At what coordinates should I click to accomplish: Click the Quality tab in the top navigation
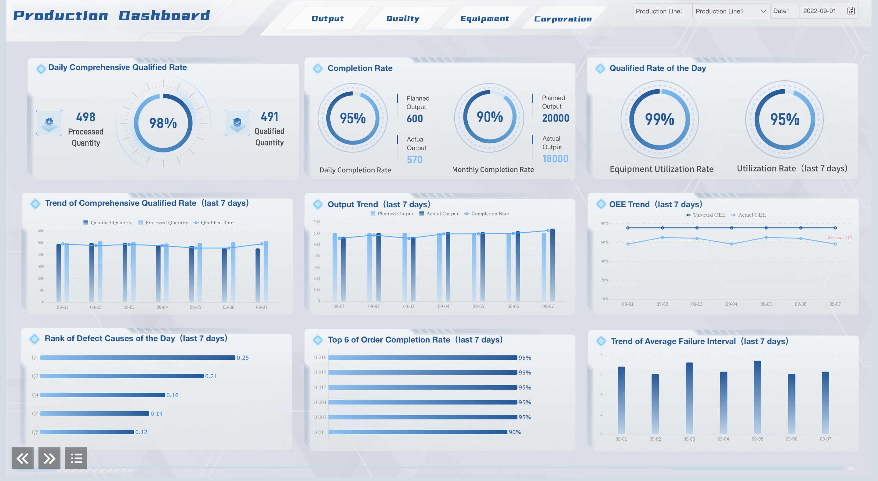click(x=403, y=18)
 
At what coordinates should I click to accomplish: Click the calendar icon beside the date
click(x=851, y=11)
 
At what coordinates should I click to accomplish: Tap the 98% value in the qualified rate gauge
click(x=163, y=123)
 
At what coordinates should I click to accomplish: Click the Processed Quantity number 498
click(x=85, y=117)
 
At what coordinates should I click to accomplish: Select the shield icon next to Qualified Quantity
click(x=238, y=123)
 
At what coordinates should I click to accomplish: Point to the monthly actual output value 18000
click(x=555, y=159)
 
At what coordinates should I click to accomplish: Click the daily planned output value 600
click(x=415, y=118)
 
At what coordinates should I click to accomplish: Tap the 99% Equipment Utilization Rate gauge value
click(x=659, y=119)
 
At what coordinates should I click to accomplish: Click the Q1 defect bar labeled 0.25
click(x=138, y=358)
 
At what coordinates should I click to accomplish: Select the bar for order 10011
click(x=418, y=432)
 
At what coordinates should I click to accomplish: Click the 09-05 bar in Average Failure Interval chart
click(x=757, y=398)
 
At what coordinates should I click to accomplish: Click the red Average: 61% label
click(x=840, y=237)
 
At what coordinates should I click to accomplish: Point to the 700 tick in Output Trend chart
click(x=317, y=222)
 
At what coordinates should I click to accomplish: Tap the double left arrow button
click(x=23, y=458)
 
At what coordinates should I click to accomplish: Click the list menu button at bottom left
click(x=76, y=458)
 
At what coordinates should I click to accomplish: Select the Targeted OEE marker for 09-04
click(x=731, y=228)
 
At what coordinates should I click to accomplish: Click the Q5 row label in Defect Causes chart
click(x=35, y=432)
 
